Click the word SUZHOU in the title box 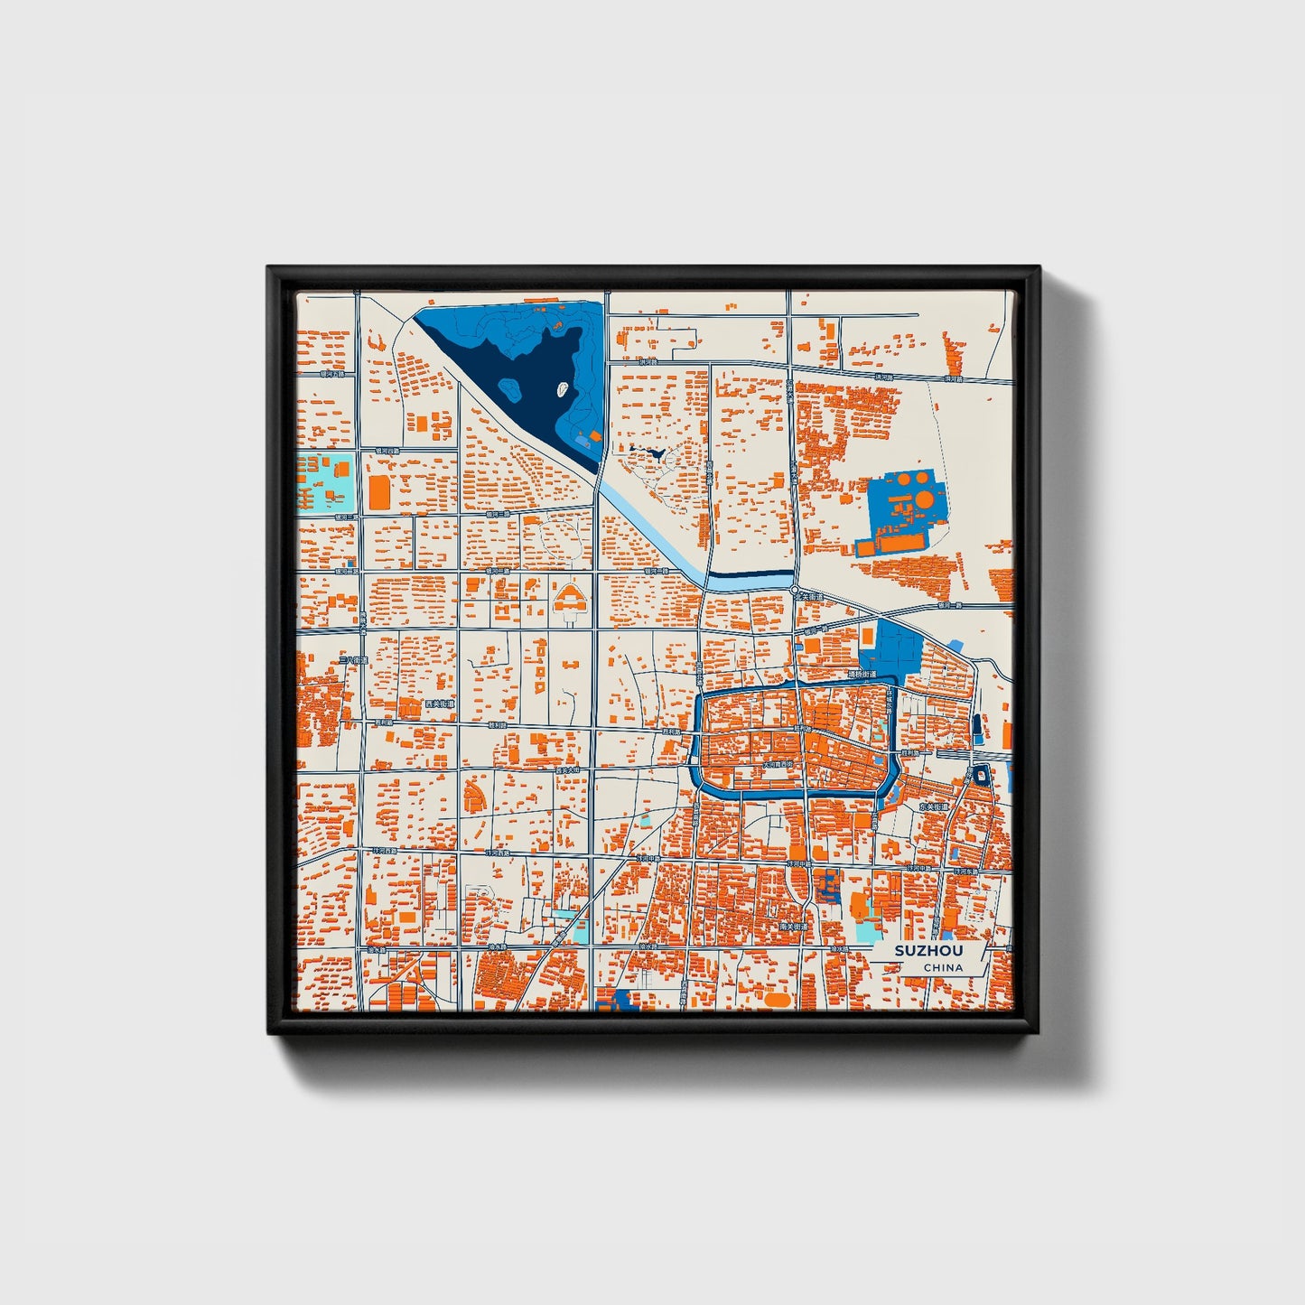coord(928,951)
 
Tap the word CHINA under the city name coord(943,968)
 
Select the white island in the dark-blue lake coord(562,391)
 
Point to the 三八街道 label coord(354,661)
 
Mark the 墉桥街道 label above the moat coord(862,674)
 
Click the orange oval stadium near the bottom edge coord(775,1000)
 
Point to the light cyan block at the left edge coord(327,482)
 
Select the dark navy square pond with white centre coord(982,775)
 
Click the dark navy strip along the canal coord(750,573)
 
